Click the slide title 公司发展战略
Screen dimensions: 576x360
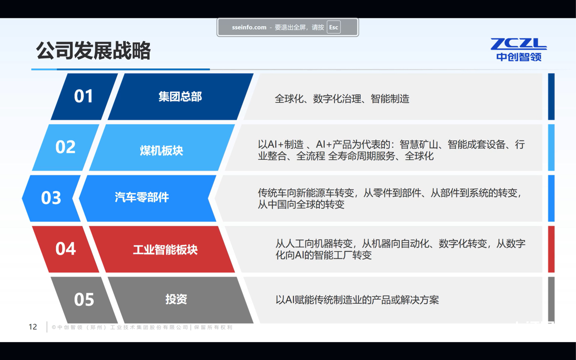(x=93, y=51)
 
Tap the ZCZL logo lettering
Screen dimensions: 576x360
(x=519, y=44)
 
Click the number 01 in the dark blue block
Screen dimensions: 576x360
(x=83, y=96)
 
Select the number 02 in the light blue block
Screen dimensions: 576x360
(x=65, y=147)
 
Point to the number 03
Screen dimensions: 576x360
(x=51, y=198)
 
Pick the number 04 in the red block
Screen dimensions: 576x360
(x=66, y=248)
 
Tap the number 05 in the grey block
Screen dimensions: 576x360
(x=84, y=300)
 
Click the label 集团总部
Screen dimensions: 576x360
(x=180, y=97)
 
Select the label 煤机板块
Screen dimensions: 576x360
(x=162, y=150)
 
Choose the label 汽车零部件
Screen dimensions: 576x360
(x=142, y=197)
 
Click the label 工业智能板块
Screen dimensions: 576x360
(x=165, y=250)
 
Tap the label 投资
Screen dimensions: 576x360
(x=176, y=299)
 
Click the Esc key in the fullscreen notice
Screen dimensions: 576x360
(x=334, y=27)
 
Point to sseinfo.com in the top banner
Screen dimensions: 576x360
(x=249, y=27)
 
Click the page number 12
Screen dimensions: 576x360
(x=33, y=327)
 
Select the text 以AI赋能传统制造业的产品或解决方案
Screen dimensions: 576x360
(x=357, y=300)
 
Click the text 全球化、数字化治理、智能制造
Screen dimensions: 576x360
(x=342, y=99)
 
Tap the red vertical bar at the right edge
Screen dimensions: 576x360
(x=551, y=249)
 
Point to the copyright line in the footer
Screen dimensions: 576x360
(x=142, y=327)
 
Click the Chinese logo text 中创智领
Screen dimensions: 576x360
(x=519, y=57)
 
